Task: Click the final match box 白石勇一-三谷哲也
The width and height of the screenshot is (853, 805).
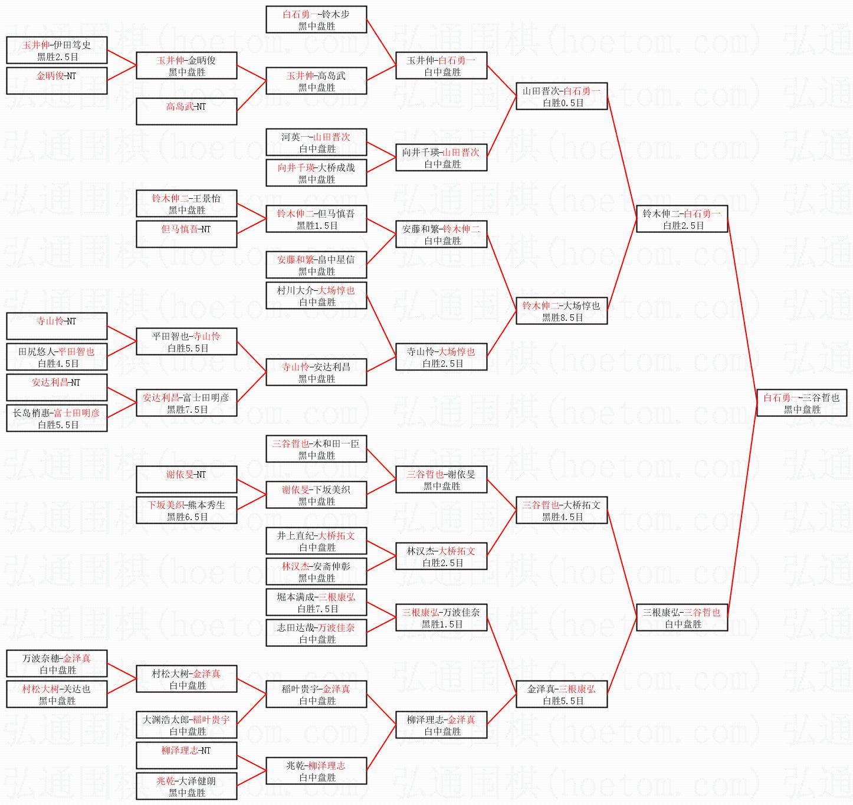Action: coord(802,403)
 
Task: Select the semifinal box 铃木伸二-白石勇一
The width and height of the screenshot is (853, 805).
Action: coord(682,219)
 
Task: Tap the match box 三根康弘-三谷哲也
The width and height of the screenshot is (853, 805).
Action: coord(682,617)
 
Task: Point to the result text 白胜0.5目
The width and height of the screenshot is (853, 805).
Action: coord(563,103)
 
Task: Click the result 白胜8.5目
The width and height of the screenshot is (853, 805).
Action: coord(563,318)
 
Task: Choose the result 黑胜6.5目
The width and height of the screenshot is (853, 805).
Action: coord(187,517)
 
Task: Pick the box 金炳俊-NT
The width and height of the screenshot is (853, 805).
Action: coord(57,81)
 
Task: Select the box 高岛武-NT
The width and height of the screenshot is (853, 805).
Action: coord(186,111)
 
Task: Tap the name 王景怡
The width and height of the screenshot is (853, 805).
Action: coord(206,198)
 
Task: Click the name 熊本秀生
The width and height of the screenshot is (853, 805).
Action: coord(206,505)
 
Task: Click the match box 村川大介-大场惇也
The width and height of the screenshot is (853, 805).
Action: coord(316,295)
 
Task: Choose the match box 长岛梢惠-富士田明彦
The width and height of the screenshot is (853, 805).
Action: coord(57,418)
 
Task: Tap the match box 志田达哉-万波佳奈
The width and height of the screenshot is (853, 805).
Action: coord(316,633)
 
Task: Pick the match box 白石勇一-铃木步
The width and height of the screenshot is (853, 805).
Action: coord(316,19)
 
